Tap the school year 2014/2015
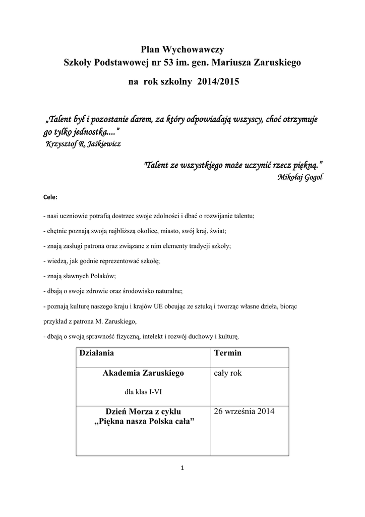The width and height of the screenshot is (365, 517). coord(220,81)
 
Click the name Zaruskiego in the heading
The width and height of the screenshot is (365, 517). coord(279,63)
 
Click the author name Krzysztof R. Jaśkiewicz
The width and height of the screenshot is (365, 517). coord(83,143)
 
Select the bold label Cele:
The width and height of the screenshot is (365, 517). coord(50,196)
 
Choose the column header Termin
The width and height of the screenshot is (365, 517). coord(228,353)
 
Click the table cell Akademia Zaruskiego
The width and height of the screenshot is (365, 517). coord(143,373)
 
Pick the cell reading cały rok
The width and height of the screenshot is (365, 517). coord(228,373)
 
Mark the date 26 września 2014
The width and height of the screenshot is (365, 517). coord(244,411)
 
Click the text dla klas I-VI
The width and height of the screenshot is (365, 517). coord(143,391)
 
